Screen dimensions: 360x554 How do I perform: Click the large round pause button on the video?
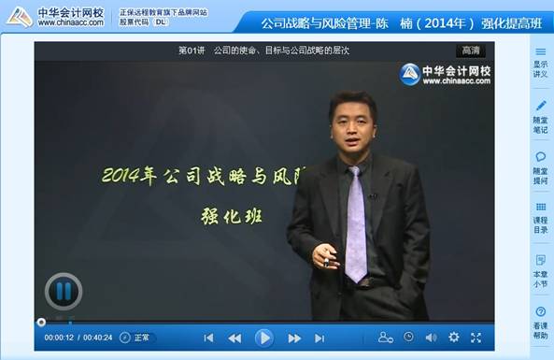point(63,292)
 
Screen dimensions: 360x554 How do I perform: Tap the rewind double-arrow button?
point(235,338)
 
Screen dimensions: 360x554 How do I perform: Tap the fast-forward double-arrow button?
point(294,338)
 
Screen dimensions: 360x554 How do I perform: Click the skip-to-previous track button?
point(208,338)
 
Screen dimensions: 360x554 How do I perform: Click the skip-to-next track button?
point(320,338)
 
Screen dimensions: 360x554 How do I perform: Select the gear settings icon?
point(454,338)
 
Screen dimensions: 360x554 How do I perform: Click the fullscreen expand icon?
point(476,338)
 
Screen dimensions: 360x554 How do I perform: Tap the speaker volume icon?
point(431,338)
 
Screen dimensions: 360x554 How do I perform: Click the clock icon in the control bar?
point(408,337)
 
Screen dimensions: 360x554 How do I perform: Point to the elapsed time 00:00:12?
point(59,338)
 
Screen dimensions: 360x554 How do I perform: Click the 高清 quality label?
point(472,50)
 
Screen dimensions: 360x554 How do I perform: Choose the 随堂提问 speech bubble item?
point(540,168)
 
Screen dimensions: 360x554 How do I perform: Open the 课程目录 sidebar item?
point(540,220)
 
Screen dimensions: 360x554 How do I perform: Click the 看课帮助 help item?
point(540,323)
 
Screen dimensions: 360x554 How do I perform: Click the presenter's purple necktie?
point(354,224)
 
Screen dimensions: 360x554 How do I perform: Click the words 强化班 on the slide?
point(231,214)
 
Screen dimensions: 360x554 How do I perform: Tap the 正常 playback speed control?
point(135,338)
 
